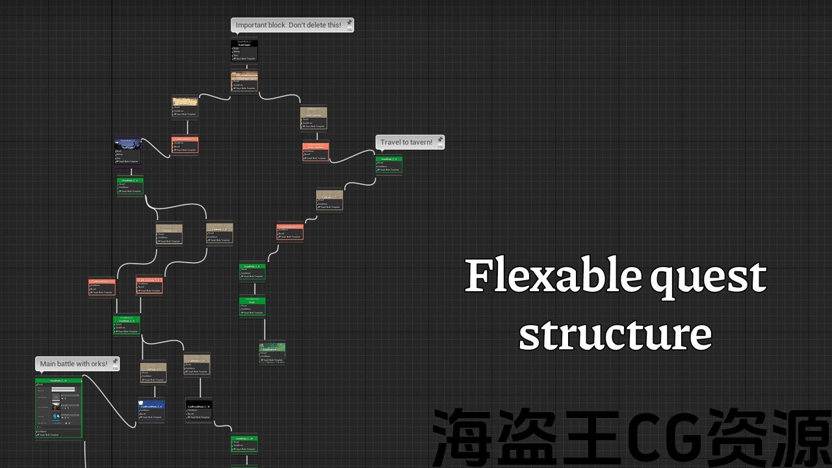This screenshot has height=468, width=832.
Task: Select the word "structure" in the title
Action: [615, 333]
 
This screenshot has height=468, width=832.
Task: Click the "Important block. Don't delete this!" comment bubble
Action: [288, 25]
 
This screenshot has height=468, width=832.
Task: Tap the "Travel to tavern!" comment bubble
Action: [406, 142]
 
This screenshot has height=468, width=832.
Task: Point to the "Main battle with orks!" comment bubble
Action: [73, 364]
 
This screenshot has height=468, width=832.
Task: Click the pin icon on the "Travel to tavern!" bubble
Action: [440, 140]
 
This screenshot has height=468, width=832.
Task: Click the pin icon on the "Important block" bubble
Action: [349, 23]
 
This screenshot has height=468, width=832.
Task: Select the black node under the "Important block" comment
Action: [244, 51]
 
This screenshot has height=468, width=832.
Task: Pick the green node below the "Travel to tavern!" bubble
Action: [389, 165]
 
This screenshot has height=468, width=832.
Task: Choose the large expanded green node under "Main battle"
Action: [58, 408]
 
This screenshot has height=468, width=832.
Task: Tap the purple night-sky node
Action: [127, 151]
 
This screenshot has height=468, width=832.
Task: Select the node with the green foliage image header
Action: [272, 352]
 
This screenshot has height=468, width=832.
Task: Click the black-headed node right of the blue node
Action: [198, 410]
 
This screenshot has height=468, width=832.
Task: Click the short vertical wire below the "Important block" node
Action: [244, 67]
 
